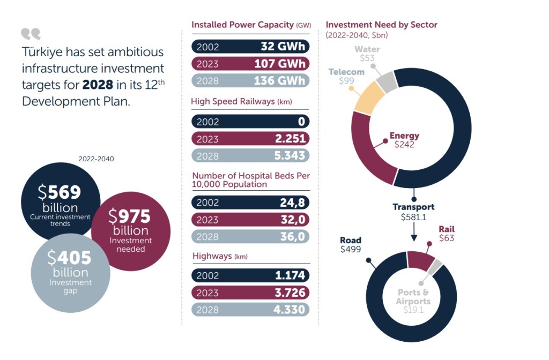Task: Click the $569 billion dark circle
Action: point(60,198)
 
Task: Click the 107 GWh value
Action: point(283,64)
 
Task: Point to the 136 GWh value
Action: point(283,81)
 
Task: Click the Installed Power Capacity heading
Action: point(250,25)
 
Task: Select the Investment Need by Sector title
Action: point(381,25)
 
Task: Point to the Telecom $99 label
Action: point(346,76)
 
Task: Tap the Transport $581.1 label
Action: point(413,212)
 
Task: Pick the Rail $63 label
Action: point(447,234)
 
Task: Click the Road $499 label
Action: point(351,245)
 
